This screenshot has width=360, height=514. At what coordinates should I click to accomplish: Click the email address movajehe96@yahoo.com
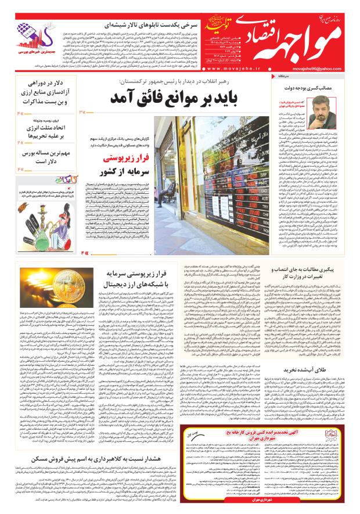(x=329, y=67)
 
